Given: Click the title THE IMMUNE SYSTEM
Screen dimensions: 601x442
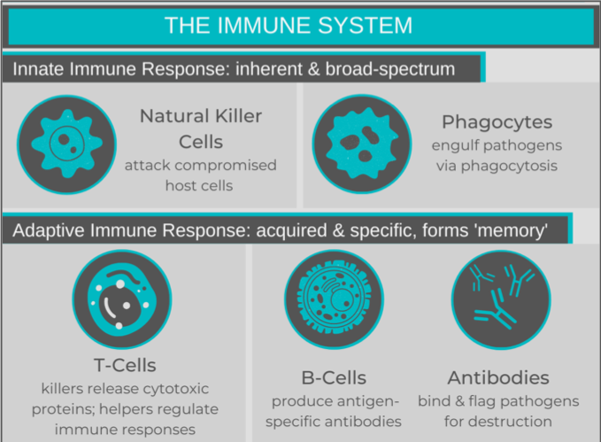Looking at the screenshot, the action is [289, 26].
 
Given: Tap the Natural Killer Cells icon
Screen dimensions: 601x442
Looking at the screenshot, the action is [66, 144].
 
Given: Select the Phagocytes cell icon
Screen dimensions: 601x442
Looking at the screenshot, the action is [362, 143].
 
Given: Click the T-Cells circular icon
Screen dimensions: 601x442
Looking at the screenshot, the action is [122, 299].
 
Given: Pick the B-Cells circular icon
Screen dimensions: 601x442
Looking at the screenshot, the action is [335, 299].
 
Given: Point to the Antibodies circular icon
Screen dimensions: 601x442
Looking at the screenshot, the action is [501, 299].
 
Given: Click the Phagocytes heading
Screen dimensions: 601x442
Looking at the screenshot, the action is [497, 122].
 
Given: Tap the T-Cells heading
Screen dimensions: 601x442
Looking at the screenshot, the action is [125, 365].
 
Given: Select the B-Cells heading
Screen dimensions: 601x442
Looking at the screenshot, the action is [334, 378].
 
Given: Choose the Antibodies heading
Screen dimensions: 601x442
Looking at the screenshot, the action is [498, 378].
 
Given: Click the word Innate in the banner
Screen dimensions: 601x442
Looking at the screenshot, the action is [37, 69].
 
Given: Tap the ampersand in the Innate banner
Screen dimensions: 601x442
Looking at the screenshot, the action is [313, 69].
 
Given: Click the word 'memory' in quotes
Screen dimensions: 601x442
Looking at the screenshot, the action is [511, 231].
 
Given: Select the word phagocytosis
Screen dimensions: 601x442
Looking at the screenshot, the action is [509, 167].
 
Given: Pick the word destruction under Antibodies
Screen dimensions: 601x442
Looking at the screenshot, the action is [511, 422].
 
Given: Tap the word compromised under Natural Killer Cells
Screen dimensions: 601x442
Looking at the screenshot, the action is [226, 166].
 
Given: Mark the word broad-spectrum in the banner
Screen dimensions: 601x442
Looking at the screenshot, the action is [390, 70].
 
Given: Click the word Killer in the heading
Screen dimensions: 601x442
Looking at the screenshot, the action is [238, 116].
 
